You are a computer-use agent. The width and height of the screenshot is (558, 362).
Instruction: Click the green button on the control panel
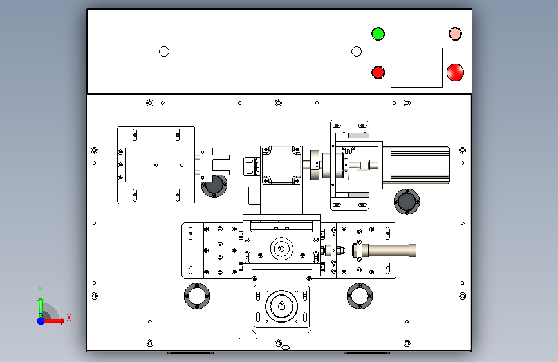[x=378, y=34]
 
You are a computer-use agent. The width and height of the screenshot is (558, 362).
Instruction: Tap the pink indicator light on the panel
[x=455, y=34]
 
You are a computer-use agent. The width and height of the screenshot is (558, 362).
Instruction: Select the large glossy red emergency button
[x=455, y=72]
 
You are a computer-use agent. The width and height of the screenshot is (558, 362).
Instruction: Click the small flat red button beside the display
[x=378, y=72]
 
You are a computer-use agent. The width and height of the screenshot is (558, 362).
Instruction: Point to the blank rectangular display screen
[x=416, y=68]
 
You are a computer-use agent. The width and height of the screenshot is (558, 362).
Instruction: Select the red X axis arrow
[x=54, y=321]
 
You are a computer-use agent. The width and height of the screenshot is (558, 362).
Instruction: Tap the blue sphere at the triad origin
[x=41, y=321]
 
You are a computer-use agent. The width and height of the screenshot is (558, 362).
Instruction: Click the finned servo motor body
[x=420, y=165]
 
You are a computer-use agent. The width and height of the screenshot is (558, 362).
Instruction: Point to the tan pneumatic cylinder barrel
[x=389, y=250]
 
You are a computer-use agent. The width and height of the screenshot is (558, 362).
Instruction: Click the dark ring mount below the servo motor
[x=407, y=202]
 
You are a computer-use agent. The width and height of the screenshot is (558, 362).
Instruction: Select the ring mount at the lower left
[x=197, y=296]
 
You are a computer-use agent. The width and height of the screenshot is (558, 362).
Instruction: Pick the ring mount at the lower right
[x=360, y=296]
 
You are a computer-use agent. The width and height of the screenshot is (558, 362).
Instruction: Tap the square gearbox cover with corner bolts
[x=281, y=165]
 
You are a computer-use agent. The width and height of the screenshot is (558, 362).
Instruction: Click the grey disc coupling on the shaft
[x=315, y=165]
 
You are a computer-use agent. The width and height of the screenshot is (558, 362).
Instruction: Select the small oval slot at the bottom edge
[x=285, y=347]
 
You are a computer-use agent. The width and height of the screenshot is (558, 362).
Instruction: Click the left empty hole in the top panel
[x=164, y=52]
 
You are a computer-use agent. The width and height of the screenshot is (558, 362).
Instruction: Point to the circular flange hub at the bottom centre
[x=281, y=306]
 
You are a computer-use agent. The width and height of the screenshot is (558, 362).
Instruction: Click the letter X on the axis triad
[x=69, y=318]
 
